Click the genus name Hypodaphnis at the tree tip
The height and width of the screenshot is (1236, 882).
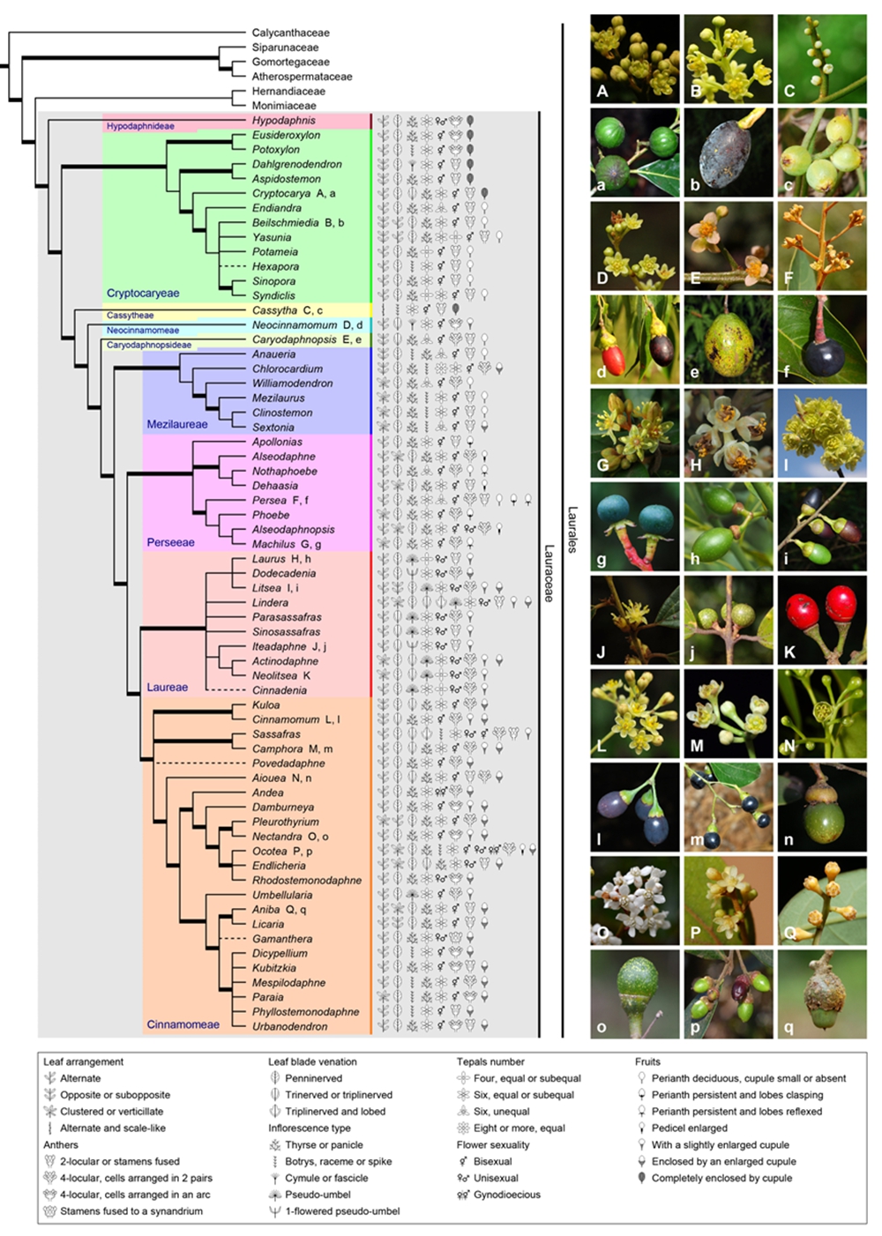pyautogui.click(x=283, y=121)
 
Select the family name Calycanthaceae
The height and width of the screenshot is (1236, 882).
pyautogui.click(x=290, y=33)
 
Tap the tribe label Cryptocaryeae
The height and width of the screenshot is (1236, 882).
pyautogui.click(x=142, y=294)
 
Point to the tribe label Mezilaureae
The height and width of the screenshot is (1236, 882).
pyautogui.click(x=177, y=424)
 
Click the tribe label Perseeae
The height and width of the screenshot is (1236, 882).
pyautogui.click(x=170, y=542)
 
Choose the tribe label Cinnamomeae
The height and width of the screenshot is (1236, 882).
pyautogui.click(x=183, y=1024)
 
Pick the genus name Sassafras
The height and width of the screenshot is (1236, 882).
pyautogui.click(x=276, y=734)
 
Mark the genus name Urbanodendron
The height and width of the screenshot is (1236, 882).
pyautogui.click(x=289, y=1026)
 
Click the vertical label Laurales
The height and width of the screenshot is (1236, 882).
pyautogui.click(x=572, y=529)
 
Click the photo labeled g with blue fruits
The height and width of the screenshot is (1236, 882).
pyautogui.click(x=635, y=526)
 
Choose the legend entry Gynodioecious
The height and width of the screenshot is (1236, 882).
pyautogui.click(x=507, y=1195)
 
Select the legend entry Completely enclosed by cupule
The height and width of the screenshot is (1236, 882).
pyautogui.click(x=721, y=1178)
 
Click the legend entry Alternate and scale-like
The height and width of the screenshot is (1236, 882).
pyautogui.click(x=112, y=1128)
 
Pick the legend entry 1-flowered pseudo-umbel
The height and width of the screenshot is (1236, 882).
pyautogui.click(x=342, y=1211)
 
